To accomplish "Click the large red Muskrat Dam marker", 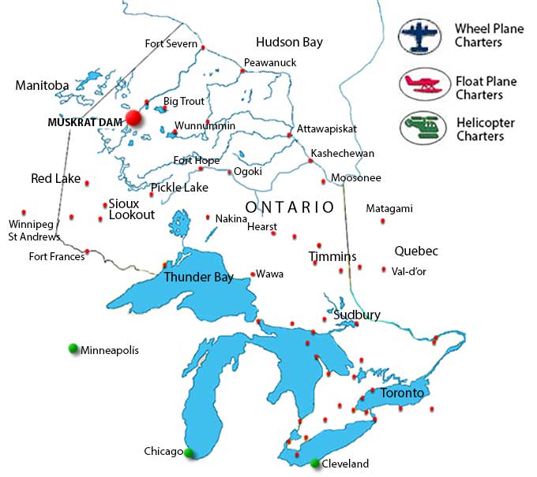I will [x=133, y=118].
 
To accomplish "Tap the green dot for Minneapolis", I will [x=73, y=348].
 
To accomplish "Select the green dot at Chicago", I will [x=189, y=453].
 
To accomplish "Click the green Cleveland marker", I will [x=316, y=463].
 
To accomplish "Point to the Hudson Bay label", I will [x=289, y=43].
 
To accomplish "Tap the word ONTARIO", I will [x=290, y=207].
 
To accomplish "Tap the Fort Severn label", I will [x=171, y=43].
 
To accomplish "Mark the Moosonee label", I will [x=355, y=178].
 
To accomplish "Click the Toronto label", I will [x=402, y=393].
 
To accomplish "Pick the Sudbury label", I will [x=357, y=315].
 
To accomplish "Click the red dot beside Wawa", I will [x=252, y=274].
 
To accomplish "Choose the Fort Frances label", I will [x=56, y=256].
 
